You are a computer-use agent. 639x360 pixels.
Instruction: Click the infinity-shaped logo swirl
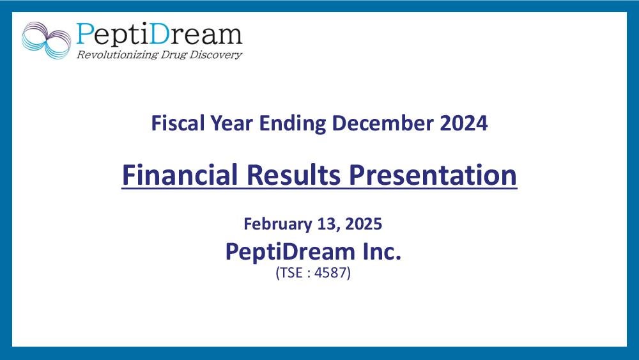pyautogui.click(x=46, y=40)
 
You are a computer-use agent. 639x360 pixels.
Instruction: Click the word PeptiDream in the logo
pyautogui.click(x=159, y=34)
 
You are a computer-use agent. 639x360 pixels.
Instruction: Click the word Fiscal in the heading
pyautogui.click(x=178, y=123)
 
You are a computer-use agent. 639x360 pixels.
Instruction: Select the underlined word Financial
pyautogui.click(x=180, y=175)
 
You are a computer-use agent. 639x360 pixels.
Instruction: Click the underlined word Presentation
pyautogui.click(x=433, y=175)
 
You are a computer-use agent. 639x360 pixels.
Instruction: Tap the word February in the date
pyautogui.click(x=278, y=224)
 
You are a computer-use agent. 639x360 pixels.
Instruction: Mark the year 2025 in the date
pyautogui.click(x=364, y=224)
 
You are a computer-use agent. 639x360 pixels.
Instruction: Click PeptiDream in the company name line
pyautogui.click(x=290, y=251)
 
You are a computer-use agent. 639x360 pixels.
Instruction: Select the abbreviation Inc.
pyautogui.click(x=382, y=251)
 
